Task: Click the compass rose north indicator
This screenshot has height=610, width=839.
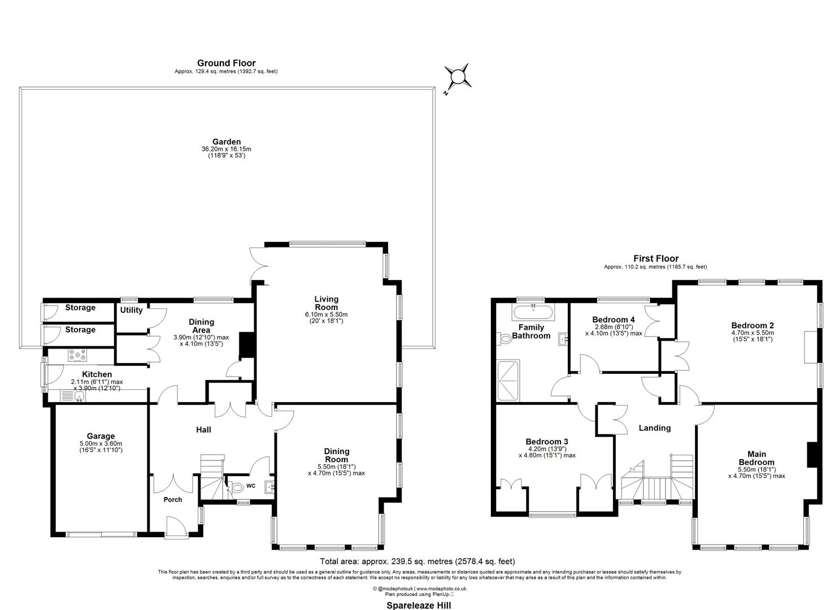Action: (x=458, y=77)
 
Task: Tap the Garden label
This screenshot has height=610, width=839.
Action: (x=226, y=142)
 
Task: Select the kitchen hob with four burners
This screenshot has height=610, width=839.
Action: (x=77, y=355)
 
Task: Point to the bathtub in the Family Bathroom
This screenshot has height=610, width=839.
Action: (x=533, y=312)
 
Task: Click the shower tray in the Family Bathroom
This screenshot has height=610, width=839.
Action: (x=508, y=381)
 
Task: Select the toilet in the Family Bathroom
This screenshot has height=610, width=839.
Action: (x=504, y=339)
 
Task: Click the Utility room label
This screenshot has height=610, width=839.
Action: (x=131, y=310)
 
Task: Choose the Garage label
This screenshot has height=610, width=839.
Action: (x=101, y=436)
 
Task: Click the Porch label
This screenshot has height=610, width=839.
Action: (x=173, y=499)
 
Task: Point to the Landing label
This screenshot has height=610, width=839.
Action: (x=655, y=428)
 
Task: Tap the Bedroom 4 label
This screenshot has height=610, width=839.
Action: (x=614, y=320)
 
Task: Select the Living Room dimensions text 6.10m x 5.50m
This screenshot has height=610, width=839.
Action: (x=326, y=315)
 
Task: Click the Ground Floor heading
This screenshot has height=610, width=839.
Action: (x=226, y=63)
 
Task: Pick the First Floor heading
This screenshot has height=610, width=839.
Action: (x=656, y=258)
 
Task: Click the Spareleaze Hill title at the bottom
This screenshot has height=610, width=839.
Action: (x=419, y=605)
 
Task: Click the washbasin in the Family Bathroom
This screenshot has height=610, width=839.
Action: (x=563, y=339)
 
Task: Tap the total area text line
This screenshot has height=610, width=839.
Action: (x=418, y=561)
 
